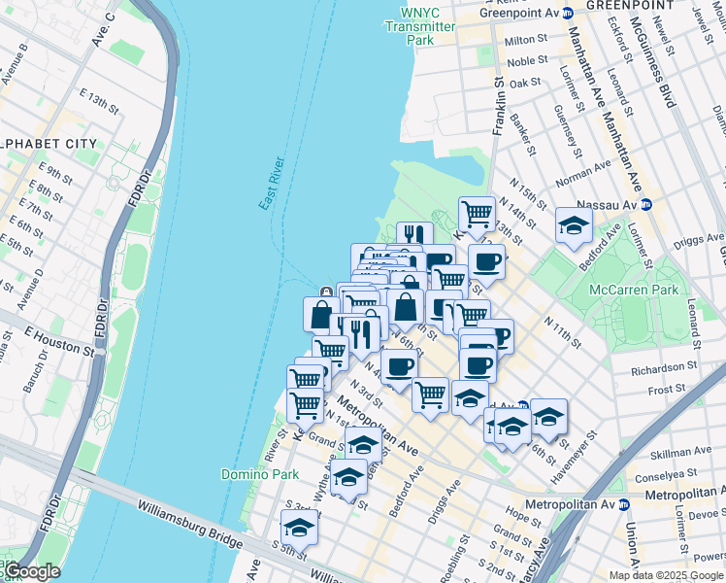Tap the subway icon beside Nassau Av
(645, 205)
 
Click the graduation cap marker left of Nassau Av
(574, 227)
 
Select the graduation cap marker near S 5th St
(299, 529)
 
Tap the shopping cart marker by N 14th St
(477, 213)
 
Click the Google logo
(31, 571)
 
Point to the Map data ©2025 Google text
(665, 574)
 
